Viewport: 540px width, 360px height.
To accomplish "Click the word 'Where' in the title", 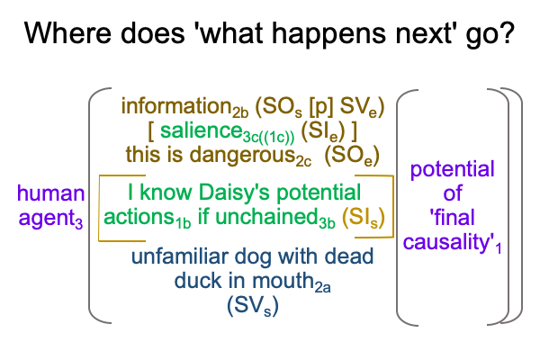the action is coord(67,33).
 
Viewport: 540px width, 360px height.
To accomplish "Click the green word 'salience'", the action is coord(202,131).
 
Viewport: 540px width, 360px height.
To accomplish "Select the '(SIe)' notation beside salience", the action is coord(323,132).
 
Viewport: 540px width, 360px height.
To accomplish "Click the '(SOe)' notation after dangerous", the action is coord(352,157).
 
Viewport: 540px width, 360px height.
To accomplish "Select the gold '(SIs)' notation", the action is coord(364,219).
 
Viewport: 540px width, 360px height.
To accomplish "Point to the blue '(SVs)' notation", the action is coord(252,306).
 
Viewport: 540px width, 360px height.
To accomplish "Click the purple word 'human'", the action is coord(50,193).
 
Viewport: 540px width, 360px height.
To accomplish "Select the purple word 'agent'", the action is coord(50,219).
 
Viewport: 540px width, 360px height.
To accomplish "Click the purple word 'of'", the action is coord(452,193).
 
